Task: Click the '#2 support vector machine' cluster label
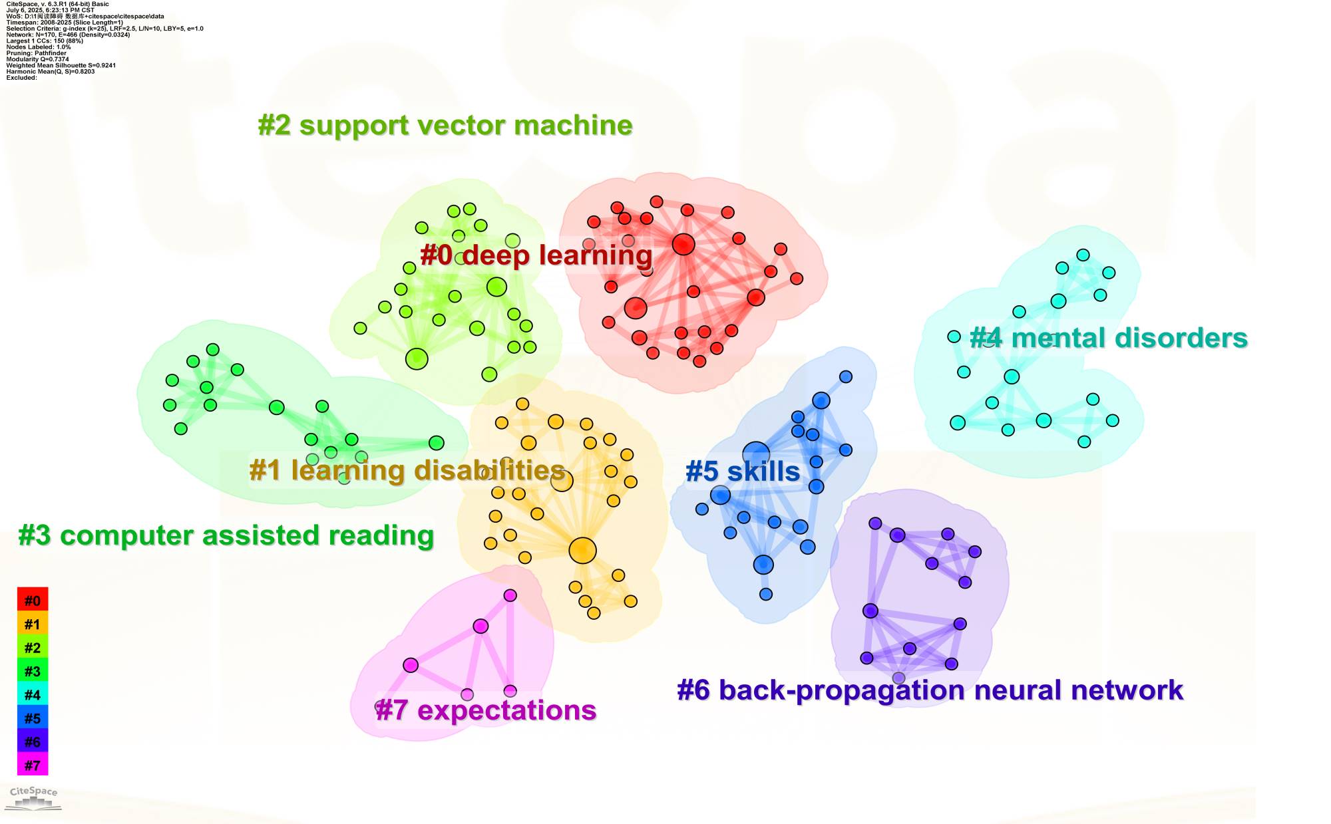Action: click(x=445, y=125)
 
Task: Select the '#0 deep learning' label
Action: click(x=536, y=255)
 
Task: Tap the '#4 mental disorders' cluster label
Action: click(x=1108, y=338)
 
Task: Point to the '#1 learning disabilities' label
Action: click(x=407, y=470)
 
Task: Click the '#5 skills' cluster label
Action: click(x=743, y=472)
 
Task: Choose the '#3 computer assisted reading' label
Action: click(x=226, y=535)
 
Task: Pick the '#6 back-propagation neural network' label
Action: click(x=930, y=690)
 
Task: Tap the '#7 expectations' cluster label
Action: click(x=486, y=710)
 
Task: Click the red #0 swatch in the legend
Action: click(x=33, y=601)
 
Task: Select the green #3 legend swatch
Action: click(x=33, y=671)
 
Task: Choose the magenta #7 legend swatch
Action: click(x=33, y=765)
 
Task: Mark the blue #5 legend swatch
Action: click(x=33, y=718)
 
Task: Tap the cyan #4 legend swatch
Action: click(x=33, y=694)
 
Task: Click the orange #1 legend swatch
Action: click(x=33, y=624)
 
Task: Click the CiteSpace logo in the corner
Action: click(x=33, y=797)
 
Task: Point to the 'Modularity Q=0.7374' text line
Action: click(x=37, y=59)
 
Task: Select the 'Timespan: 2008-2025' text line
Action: click(x=65, y=23)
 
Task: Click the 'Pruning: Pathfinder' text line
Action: click(x=36, y=53)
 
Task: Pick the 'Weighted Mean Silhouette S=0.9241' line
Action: click(x=61, y=65)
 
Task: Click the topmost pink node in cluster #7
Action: click(x=510, y=595)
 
